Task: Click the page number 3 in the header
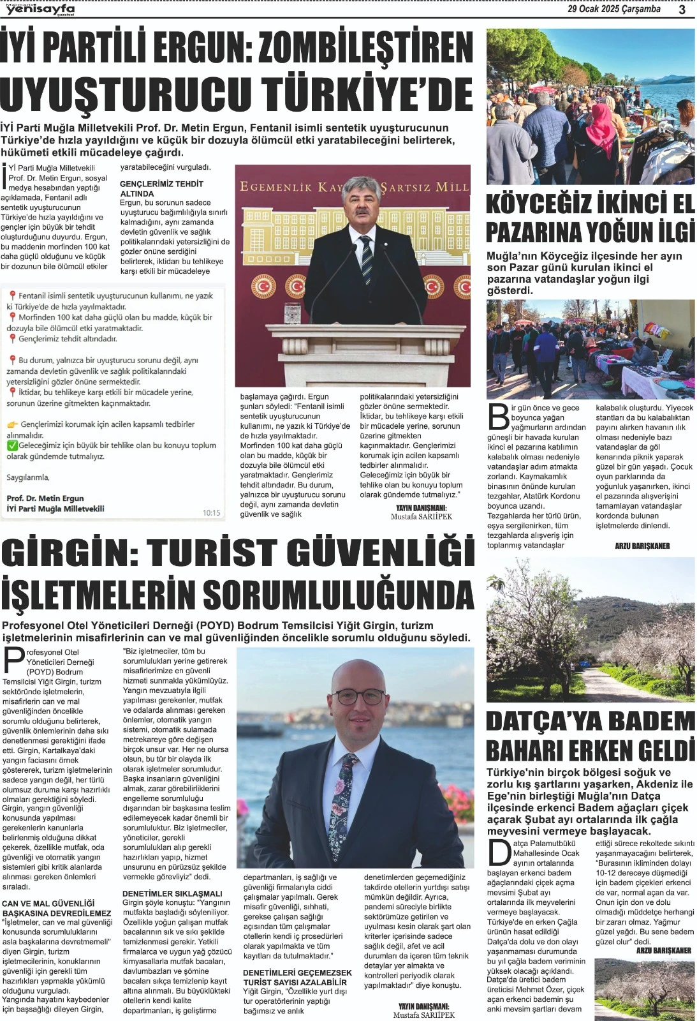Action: (x=682, y=10)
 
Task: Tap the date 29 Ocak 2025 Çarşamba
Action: (x=613, y=9)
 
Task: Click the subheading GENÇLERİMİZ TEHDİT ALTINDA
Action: (x=161, y=188)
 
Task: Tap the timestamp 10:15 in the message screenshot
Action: (x=211, y=512)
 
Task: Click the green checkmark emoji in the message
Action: (x=12, y=445)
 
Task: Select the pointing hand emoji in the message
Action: (x=12, y=424)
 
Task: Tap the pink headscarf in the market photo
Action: (x=600, y=124)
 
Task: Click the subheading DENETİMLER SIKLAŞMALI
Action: (x=172, y=893)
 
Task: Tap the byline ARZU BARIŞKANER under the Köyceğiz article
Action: (x=642, y=546)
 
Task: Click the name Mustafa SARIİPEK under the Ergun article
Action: (x=421, y=517)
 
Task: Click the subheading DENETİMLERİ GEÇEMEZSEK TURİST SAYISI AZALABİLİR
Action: (x=297, y=977)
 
